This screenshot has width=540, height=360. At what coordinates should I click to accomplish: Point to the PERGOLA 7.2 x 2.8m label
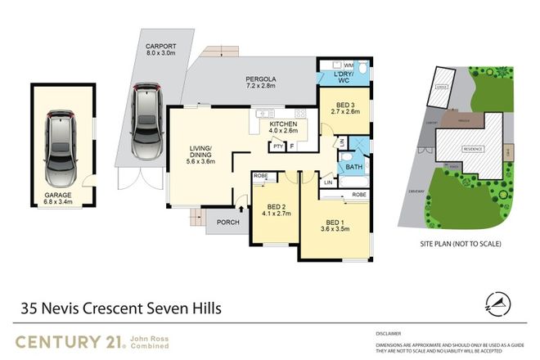coord(262,84)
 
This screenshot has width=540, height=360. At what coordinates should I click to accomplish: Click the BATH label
coord(353,167)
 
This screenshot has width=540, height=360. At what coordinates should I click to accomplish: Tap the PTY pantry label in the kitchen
coord(277,146)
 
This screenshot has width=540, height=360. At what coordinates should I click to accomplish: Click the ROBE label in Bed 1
coord(358,195)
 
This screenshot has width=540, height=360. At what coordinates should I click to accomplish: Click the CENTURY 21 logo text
coord(68,341)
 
